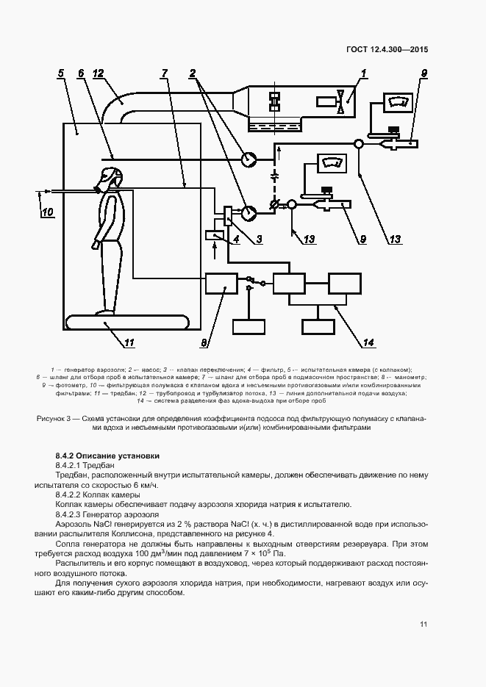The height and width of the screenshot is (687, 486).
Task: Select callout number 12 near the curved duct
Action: pos(97,73)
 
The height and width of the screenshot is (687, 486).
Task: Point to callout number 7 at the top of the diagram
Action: pos(165,73)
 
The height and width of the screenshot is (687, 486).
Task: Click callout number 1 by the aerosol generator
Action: pos(363,73)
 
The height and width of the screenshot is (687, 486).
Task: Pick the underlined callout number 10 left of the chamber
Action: pos(47,213)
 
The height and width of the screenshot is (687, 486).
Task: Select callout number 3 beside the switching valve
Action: pos(259,239)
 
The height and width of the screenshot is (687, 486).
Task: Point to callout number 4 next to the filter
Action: pos(236,239)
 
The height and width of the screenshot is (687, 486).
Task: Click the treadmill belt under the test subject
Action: pos(126,322)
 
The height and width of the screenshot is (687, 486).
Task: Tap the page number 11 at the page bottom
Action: pos(424,625)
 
